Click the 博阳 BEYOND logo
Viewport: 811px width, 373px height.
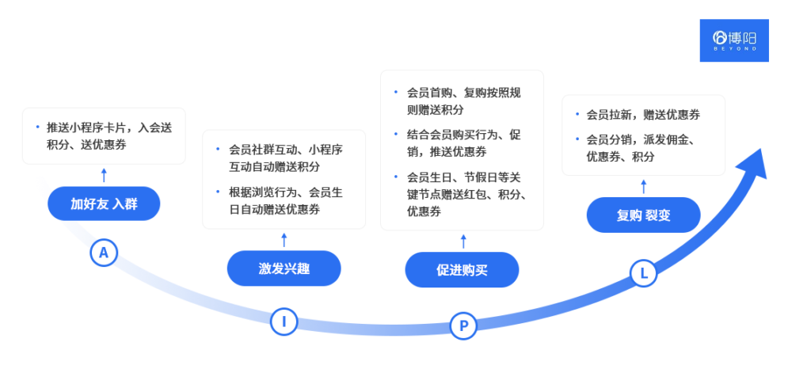click(734, 40)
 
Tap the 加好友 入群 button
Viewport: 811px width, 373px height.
click(104, 204)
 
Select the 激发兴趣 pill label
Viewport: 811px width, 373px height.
click(284, 269)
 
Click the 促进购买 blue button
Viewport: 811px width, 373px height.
click(462, 271)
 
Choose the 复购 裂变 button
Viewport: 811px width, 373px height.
click(643, 215)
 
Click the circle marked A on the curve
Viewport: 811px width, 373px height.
click(103, 253)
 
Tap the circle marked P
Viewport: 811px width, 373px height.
click(463, 325)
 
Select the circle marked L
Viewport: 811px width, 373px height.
click(643, 273)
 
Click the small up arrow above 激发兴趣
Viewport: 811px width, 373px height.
click(284, 239)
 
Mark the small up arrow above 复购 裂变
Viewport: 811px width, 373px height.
click(643, 185)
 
